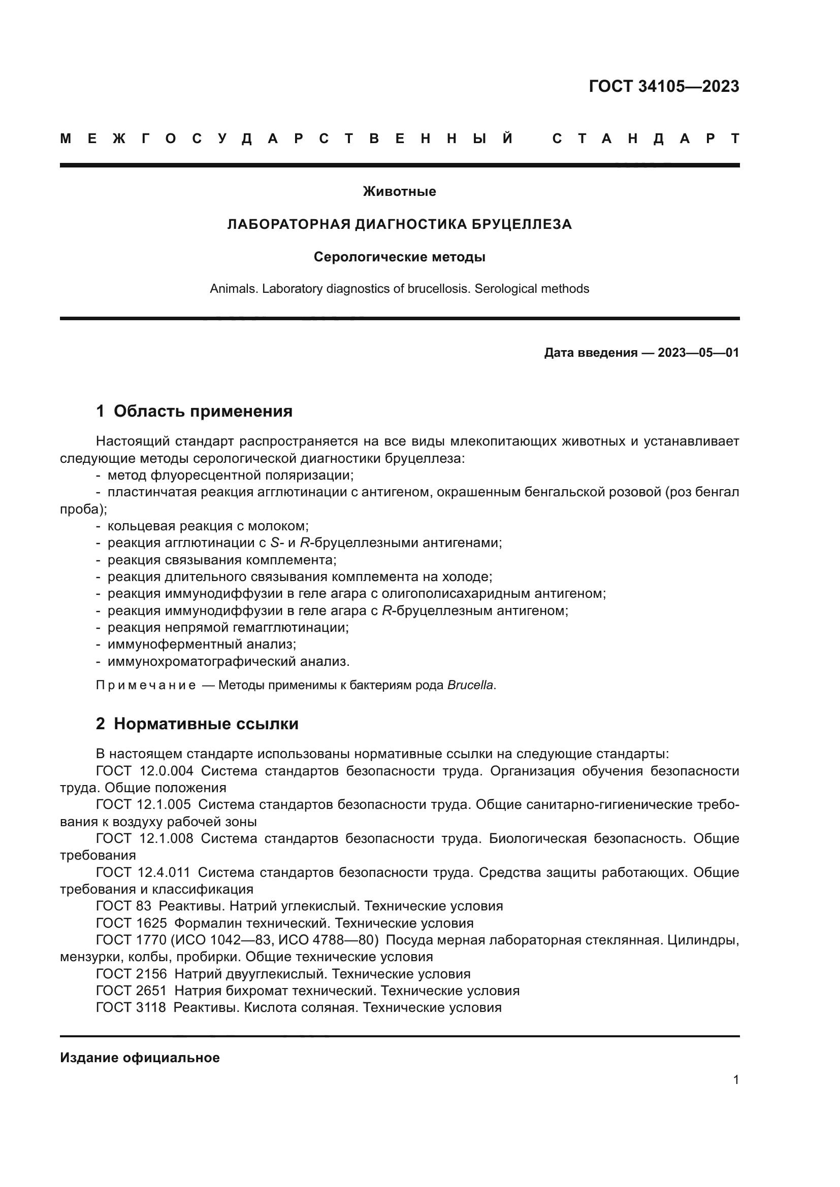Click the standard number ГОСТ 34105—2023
[664, 86]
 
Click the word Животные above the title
[399, 192]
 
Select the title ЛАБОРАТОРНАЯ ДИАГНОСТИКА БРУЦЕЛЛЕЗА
[399, 224]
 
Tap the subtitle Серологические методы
[399, 257]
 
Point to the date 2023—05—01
[698, 353]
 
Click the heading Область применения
[203, 412]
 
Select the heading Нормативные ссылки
[206, 724]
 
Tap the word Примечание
[146, 686]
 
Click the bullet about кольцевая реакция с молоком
[208, 526]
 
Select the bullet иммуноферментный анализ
[202, 645]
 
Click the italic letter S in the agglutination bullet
[274, 544]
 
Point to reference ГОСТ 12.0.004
[145, 771]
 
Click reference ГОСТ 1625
[132, 923]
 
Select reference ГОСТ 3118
[132, 1008]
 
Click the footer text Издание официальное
[140, 1058]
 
